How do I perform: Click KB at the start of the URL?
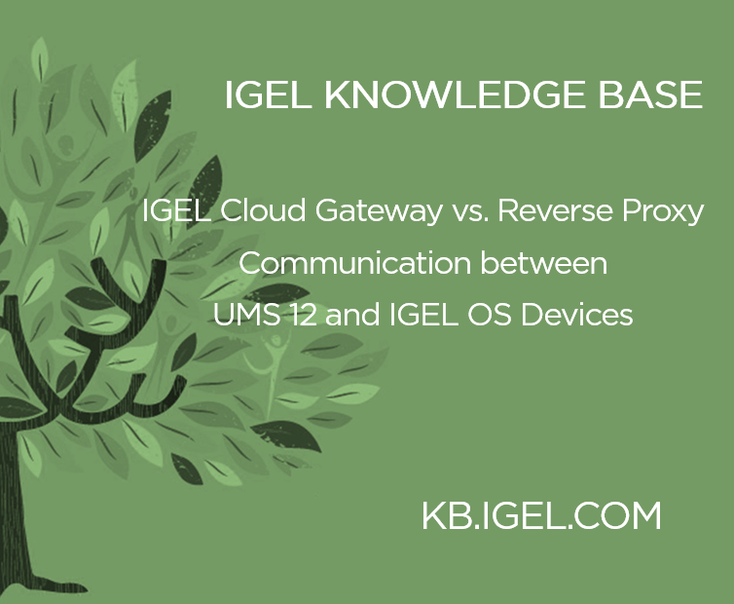tap(444, 515)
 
